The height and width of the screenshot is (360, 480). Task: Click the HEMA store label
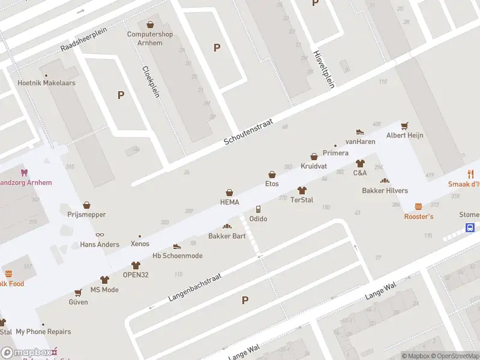230,202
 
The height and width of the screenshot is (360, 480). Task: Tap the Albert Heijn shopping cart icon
404,126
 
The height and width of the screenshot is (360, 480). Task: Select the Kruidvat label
314,166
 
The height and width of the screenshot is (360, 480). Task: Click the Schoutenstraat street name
248,131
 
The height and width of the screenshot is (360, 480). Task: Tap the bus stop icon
471,227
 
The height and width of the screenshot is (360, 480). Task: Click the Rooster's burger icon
418,207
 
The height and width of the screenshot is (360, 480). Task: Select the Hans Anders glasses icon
100,235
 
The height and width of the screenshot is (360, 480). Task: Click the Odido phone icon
258,209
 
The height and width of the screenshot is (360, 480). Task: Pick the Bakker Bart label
227,236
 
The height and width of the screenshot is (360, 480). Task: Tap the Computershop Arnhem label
150,38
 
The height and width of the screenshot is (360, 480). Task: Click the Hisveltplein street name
323,70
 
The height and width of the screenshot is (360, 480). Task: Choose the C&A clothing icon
360,163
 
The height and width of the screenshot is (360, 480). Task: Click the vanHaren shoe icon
360,132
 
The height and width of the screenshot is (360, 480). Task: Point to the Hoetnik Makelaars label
47,83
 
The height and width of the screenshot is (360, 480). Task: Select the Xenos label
140,244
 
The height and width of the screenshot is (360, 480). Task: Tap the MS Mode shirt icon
104,280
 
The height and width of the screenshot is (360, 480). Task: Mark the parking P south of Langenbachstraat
245,300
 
